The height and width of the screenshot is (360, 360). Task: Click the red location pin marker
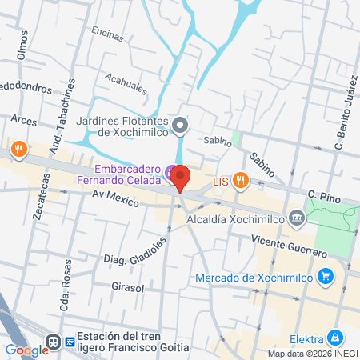pos(180,177)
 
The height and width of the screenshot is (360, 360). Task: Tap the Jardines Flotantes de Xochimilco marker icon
pos(181,125)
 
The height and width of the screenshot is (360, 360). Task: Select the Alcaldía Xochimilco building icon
pos(297,217)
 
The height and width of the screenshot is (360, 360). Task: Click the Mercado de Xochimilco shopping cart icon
pos(325,278)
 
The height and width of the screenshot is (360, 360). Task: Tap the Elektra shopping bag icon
pos(337,338)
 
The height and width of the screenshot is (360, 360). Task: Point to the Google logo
pos(26,350)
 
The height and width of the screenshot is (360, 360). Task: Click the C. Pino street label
pos(324,194)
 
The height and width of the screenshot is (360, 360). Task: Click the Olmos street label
pos(22,45)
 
